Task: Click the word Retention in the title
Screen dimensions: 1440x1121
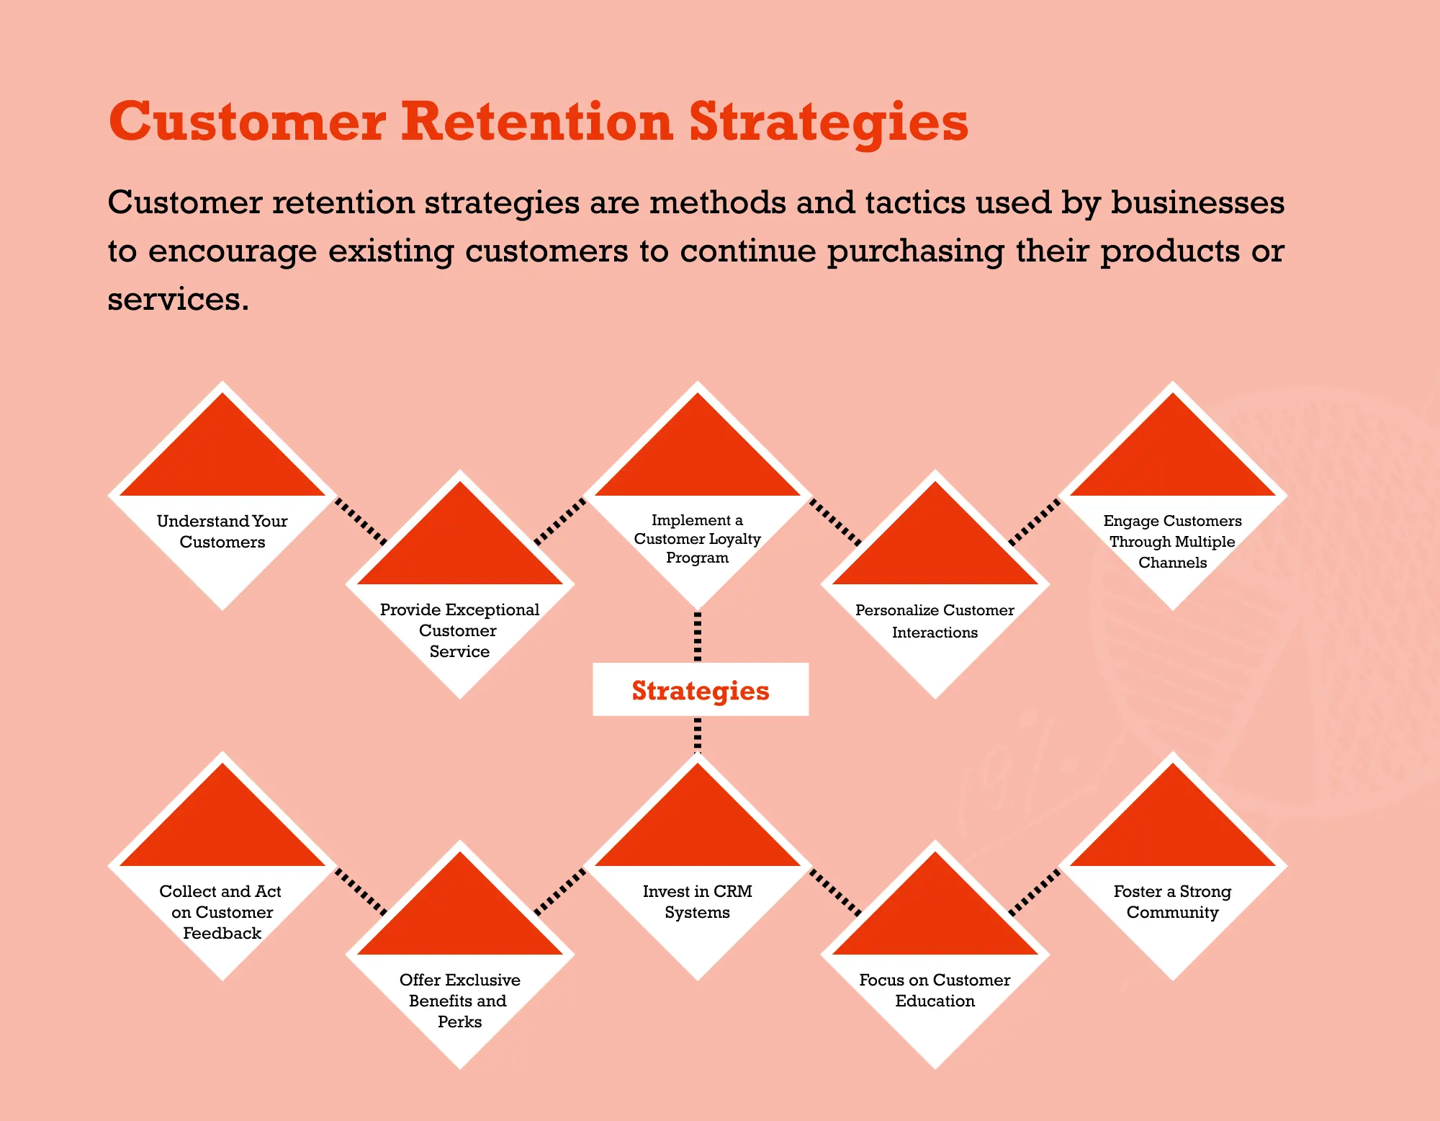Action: (536, 122)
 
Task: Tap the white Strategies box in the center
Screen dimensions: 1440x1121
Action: (701, 689)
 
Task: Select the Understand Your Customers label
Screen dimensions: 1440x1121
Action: (222, 531)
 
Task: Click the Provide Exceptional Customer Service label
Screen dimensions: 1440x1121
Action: (459, 630)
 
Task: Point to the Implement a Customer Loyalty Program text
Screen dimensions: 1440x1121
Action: (697, 538)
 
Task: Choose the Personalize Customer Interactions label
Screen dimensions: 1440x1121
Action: (935, 621)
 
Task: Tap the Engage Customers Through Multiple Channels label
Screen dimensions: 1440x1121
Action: (1172, 541)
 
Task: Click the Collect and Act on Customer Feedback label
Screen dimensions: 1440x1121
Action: (221, 912)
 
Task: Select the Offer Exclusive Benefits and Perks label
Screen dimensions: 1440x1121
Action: (459, 1001)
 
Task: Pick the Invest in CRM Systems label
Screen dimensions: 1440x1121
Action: (697, 901)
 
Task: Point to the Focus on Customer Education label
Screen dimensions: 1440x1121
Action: (935, 990)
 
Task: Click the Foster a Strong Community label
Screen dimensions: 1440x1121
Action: (1172, 901)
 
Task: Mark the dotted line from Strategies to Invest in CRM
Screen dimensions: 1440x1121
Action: (697, 735)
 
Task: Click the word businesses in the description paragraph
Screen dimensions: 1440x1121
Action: (1197, 202)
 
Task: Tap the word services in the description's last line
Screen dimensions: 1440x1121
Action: (178, 299)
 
